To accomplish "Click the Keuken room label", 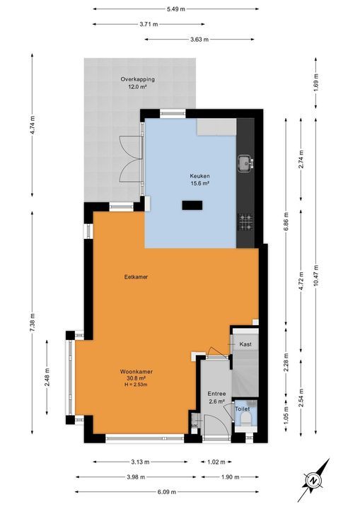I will click(199, 176).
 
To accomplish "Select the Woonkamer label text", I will click(137, 371).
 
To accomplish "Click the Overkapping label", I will click(137, 79).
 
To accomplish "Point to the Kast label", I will click(245, 344).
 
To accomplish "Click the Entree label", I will click(216, 394).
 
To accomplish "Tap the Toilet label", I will click(242, 409).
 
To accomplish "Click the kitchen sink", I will click(246, 163).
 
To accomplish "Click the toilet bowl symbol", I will click(245, 422).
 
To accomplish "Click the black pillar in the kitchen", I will click(192, 205).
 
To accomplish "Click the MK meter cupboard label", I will click(194, 426).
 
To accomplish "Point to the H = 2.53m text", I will click(137, 385).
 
